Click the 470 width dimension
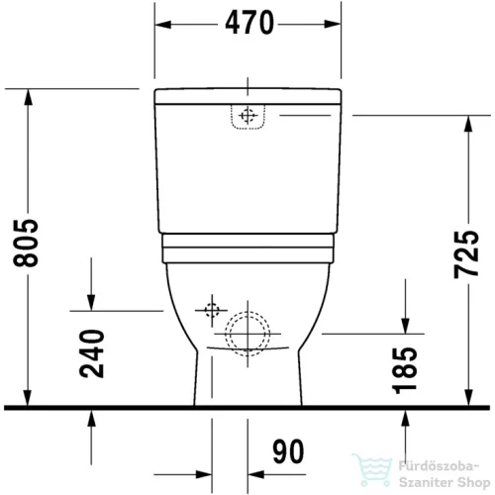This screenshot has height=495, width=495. click(247, 24)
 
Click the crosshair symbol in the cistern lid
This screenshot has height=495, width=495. click(247, 116)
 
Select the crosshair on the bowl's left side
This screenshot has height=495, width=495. click(210, 311)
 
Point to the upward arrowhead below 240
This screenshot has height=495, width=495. click(91, 417)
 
